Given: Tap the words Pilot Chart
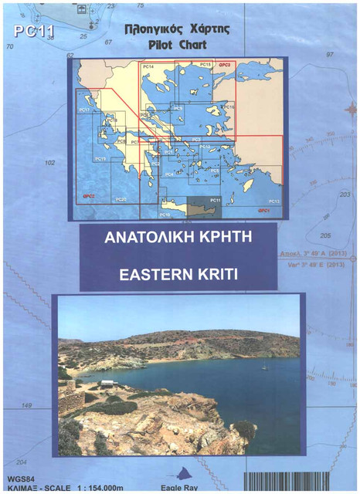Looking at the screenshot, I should click(178, 45).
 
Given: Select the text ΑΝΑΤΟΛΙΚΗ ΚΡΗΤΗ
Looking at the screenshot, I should click(178, 235).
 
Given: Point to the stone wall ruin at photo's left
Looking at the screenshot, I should click(70, 401).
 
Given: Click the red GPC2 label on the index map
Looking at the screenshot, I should click(89, 197).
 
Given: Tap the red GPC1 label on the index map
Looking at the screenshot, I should click(263, 210).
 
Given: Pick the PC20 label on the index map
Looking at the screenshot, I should click(121, 199).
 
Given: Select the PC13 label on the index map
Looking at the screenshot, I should click(273, 201).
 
